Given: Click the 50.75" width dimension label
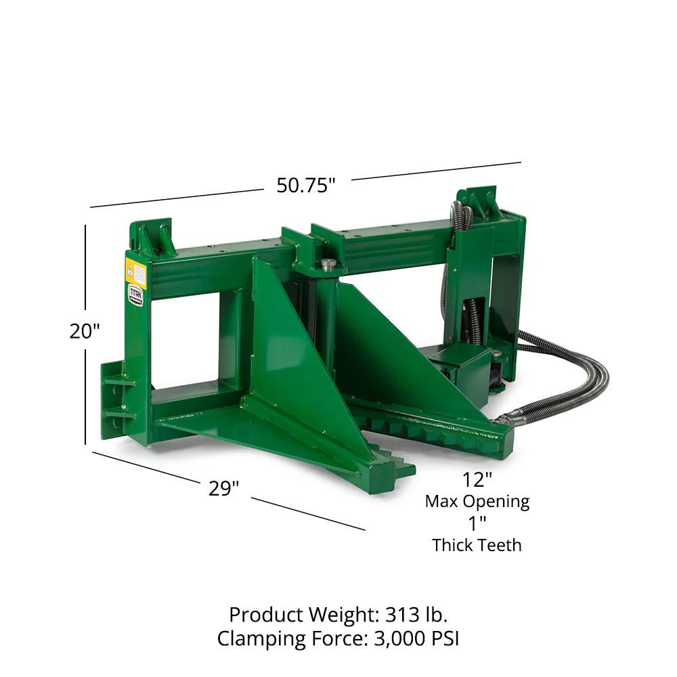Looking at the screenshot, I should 306,185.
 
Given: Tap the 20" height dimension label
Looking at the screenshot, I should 85,332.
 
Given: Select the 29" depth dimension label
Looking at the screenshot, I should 223,488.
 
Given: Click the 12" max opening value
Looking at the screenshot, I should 477,480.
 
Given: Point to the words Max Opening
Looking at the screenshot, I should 477,502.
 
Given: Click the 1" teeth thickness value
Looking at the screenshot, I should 477,523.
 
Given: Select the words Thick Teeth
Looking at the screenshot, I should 477,545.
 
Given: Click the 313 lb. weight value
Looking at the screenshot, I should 416,615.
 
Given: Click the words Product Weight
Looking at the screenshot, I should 303,615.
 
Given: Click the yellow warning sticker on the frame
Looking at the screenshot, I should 136,274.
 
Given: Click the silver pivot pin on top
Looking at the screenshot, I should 328,263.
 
